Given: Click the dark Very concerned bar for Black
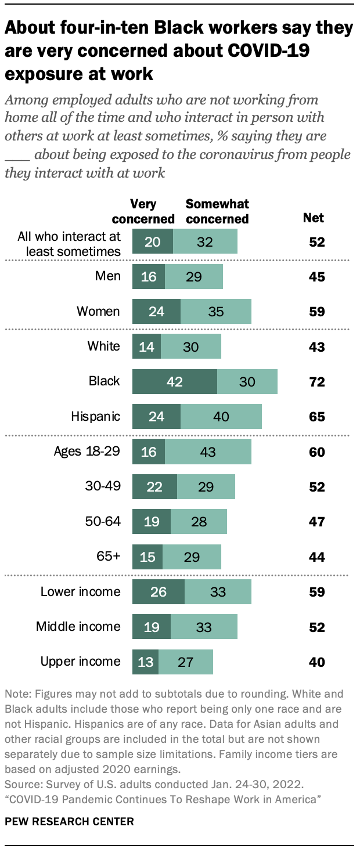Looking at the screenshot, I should coord(175,381).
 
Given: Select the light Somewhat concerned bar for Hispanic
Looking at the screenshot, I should coord(221,416).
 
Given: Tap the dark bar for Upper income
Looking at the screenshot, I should coord(146,662).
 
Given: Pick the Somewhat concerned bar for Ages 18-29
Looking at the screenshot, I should coord(208,452).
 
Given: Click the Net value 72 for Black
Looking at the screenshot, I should coord(316,382).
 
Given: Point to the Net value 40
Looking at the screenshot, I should coord(316,662).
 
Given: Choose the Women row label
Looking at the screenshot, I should coord(99,312).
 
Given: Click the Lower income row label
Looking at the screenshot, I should coord(81,592).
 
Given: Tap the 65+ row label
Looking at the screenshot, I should coord(109,556).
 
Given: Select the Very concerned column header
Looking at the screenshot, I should coord(143,212).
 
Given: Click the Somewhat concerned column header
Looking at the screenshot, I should coord(217,212).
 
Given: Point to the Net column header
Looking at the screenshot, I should coord(314,218).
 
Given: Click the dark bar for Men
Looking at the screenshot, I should coord(149,276).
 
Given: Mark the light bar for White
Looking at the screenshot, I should coord(190,346).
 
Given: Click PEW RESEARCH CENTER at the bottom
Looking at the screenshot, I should coord(69,821).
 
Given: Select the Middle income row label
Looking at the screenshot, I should coord(78,627).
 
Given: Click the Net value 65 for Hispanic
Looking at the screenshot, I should coord(316,417).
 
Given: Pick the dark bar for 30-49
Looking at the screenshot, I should coord(154,486).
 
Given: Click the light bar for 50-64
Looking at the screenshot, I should coord(199,521).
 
